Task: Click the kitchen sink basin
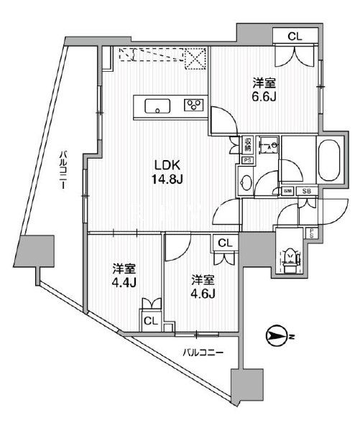click(x=157, y=107)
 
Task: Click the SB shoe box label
click(x=306, y=191)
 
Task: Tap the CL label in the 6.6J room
click(x=295, y=35)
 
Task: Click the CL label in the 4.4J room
click(x=151, y=321)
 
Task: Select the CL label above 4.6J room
click(x=225, y=244)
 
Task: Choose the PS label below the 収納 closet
click(x=246, y=160)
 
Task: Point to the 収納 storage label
click(x=246, y=144)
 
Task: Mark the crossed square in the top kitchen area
click(x=195, y=57)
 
